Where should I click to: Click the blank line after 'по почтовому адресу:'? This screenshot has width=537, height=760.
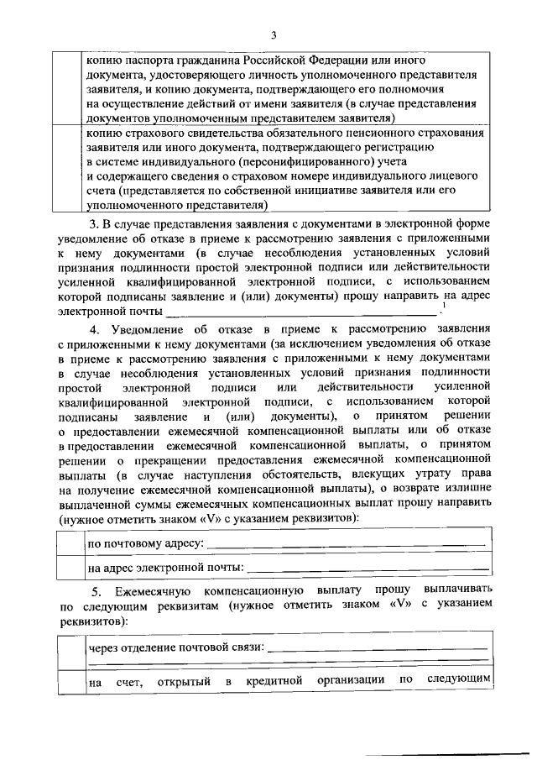click(345, 547)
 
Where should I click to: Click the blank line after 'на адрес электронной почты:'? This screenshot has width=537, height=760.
click(365, 571)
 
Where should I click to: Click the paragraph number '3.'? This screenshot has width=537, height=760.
click(95, 223)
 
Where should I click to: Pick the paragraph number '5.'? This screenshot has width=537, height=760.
click(96, 591)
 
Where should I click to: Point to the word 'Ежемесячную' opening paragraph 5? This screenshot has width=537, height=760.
click(154, 591)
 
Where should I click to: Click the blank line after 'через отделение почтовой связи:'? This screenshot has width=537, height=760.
click(378, 649)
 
